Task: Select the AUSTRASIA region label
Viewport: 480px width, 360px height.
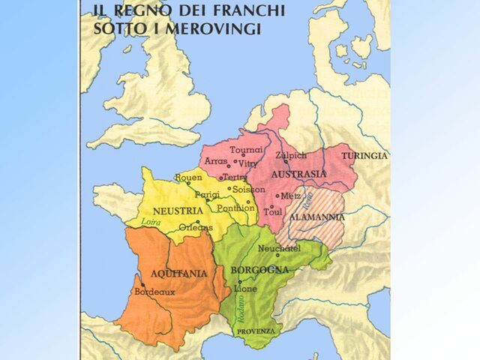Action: click(298, 174)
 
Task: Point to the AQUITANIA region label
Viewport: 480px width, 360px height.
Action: click(178, 273)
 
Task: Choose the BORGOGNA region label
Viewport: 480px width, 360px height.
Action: click(260, 269)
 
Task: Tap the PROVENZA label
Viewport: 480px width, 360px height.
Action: click(256, 331)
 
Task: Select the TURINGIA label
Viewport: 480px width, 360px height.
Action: click(365, 156)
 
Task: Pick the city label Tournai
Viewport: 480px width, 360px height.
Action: click(246, 149)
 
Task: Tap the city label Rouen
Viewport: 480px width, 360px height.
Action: click(187, 177)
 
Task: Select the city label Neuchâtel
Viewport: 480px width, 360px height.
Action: click(278, 248)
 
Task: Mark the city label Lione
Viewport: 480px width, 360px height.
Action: click(245, 288)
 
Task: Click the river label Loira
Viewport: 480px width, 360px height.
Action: click(151, 222)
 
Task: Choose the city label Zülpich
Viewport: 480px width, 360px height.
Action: click(291, 155)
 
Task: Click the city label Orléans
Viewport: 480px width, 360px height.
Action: click(196, 227)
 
